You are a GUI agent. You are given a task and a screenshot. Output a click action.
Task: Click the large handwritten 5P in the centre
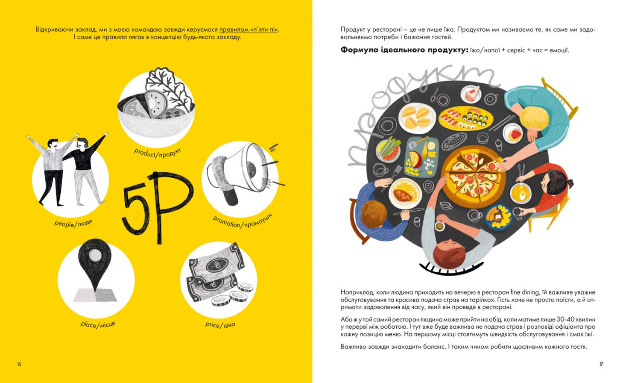coord(157,207)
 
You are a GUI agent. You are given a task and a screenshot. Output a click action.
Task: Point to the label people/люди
coord(73,223)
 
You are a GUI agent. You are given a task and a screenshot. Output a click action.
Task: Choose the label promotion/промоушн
coord(243,221)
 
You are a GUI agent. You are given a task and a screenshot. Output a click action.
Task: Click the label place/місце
coord(98,324)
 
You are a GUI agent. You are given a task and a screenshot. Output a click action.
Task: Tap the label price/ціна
coord(220,324)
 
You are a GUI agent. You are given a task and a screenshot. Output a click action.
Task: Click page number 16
coord(19,364)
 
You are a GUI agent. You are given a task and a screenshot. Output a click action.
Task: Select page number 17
coord(601,364)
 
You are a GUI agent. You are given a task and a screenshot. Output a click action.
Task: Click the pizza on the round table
coord(473,176)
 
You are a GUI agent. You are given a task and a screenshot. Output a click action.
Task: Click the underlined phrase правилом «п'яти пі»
coord(249,29)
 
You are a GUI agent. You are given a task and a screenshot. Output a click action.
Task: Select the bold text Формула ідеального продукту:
coord(404,50)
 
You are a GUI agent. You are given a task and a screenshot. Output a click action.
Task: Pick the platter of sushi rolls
coord(465,118)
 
